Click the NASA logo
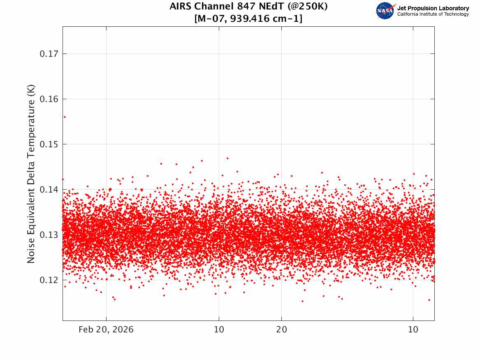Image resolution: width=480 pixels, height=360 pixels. [385, 11]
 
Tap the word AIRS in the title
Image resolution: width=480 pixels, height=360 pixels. [181, 6]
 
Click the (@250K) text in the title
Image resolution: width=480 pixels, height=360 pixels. [307, 7]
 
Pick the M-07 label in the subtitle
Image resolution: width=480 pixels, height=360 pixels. [211, 19]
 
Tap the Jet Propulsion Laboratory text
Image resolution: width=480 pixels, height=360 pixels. [433, 8]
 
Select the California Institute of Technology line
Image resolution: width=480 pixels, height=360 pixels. [433, 14]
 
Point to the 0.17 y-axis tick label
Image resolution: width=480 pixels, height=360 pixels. [49, 54]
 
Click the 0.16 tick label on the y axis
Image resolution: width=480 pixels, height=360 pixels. [49, 99]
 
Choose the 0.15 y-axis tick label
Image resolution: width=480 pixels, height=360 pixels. [49, 144]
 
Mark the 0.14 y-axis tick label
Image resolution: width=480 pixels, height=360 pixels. [49, 190]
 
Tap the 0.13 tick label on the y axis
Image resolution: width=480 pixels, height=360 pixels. [49, 235]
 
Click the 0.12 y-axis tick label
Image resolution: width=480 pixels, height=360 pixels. [49, 280]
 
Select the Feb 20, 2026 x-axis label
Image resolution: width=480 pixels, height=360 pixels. [106, 330]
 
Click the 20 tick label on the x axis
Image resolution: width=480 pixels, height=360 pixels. [282, 330]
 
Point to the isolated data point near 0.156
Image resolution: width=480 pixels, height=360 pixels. [65, 117]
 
